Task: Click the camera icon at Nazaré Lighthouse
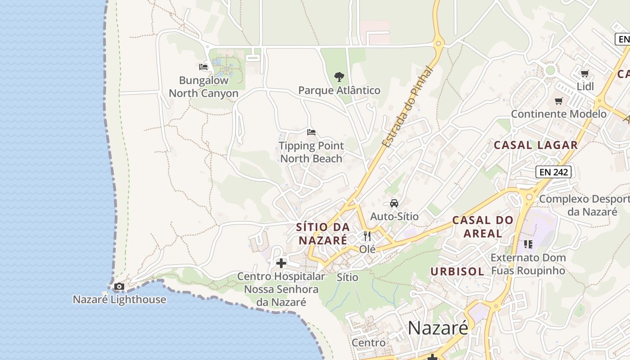(x=119, y=287)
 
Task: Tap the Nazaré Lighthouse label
(x=119, y=299)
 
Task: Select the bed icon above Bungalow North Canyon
(x=203, y=67)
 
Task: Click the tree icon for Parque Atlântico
(x=339, y=77)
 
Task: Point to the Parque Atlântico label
(x=339, y=90)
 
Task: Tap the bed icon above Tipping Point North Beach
(x=311, y=132)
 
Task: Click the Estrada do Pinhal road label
(x=407, y=108)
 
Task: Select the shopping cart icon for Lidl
(x=585, y=73)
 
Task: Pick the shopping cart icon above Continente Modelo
(x=558, y=101)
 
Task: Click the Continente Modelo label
(x=558, y=114)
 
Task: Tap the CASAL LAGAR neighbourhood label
(x=535, y=145)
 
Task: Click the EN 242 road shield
(x=553, y=171)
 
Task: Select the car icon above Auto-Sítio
(x=394, y=203)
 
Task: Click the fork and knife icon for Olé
(x=367, y=236)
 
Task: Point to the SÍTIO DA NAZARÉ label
(x=323, y=234)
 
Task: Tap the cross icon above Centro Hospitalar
(x=281, y=263)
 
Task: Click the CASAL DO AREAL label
(x=482, y=227)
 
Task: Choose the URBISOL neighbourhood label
(x=457, y=271)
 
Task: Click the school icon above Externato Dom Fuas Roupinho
(x=528, y=244)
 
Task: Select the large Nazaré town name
(x=438, y=328)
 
